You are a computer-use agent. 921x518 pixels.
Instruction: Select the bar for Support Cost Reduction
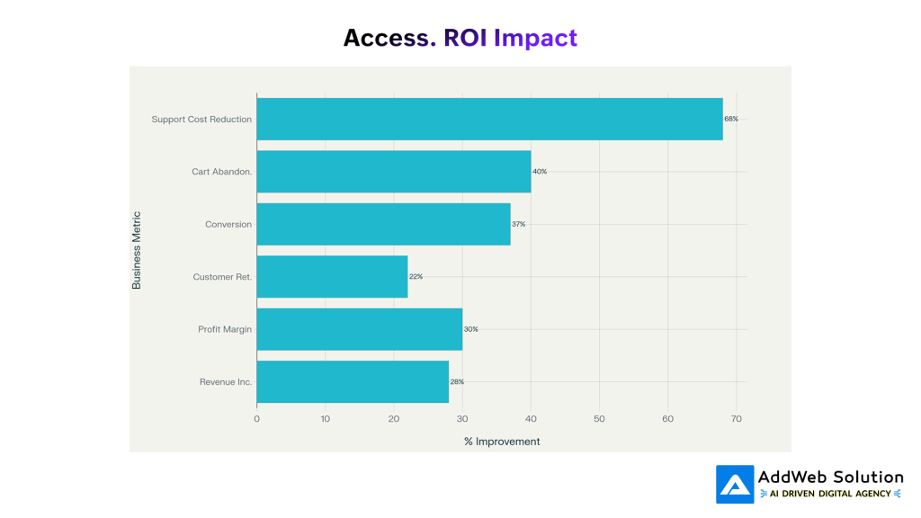489,119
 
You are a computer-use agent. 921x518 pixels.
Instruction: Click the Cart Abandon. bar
393,172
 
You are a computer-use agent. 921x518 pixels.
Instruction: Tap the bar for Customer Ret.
332,277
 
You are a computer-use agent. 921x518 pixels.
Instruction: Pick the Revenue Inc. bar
353,382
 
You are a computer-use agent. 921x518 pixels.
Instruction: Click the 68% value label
731,119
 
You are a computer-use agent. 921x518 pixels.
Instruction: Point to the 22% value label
416,277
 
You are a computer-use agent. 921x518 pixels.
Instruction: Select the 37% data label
518,224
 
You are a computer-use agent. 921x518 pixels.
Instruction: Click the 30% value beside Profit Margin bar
470,329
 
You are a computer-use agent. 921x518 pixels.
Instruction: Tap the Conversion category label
228,224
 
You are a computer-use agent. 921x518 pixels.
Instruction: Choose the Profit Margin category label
225,329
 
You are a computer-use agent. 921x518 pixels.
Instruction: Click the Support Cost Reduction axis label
201,119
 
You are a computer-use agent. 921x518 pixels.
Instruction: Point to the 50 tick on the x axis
599,418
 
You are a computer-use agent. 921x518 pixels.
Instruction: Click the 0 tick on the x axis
256,418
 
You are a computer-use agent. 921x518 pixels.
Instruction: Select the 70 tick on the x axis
736,418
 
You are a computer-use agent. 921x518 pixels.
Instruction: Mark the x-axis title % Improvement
502,442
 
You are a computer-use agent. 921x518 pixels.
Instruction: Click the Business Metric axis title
137,250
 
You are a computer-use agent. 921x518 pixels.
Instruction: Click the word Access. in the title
389,38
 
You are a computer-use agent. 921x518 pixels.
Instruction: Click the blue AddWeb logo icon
735,484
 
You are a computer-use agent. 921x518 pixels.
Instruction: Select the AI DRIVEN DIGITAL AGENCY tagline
830,494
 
